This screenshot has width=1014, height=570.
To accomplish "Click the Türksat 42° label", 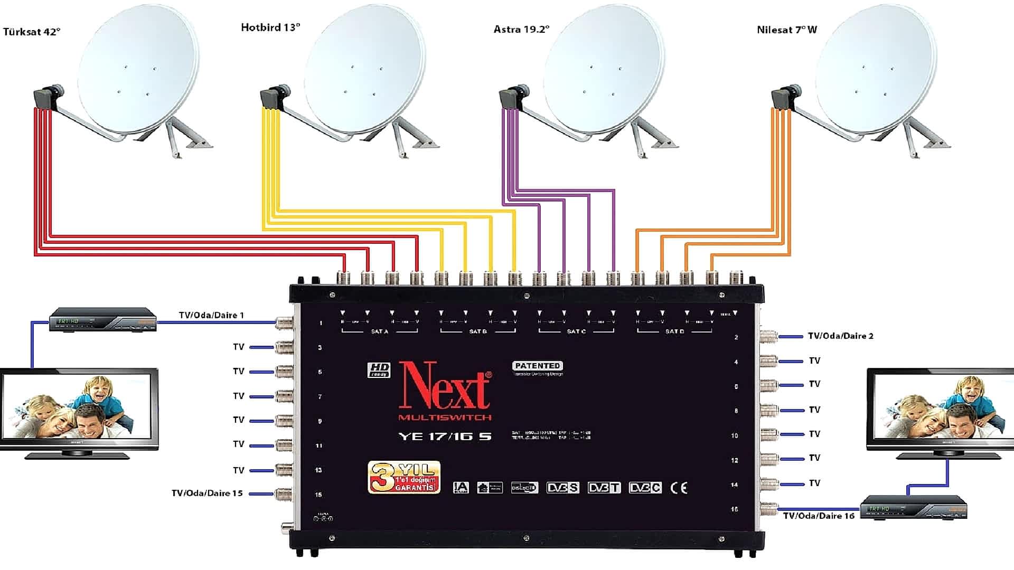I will [x=32, y=32].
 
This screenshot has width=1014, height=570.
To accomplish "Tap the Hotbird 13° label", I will [x=270, y=27].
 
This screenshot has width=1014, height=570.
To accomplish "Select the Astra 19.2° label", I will [x=521, y=30].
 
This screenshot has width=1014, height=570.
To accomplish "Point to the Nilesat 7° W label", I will [x=786, y=30].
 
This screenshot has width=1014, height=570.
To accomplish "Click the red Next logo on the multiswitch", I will [x=445, y=386].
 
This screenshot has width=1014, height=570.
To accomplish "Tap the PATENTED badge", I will [x=537, y=366].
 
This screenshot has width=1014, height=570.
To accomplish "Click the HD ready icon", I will [x=379, y=369].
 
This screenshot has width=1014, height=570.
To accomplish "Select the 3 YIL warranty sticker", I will [x=404, y=478].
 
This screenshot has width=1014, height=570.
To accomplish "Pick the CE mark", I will [x=679, y=488].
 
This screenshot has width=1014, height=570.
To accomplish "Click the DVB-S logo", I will [x=562, y=488].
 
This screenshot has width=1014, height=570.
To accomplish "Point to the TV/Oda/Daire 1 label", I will [x=211, y=315].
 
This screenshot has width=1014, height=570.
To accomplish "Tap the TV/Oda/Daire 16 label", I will [x=819, y=516].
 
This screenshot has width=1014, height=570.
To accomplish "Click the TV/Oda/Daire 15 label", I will [x=207, y=493].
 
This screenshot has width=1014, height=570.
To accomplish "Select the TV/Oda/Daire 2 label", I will [x=840, y=336].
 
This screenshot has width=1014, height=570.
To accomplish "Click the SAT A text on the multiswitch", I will [x=379, y=331].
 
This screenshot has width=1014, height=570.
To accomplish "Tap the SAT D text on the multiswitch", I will [x=674, y=331].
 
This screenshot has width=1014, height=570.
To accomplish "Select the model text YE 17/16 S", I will [x=445, y=436].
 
